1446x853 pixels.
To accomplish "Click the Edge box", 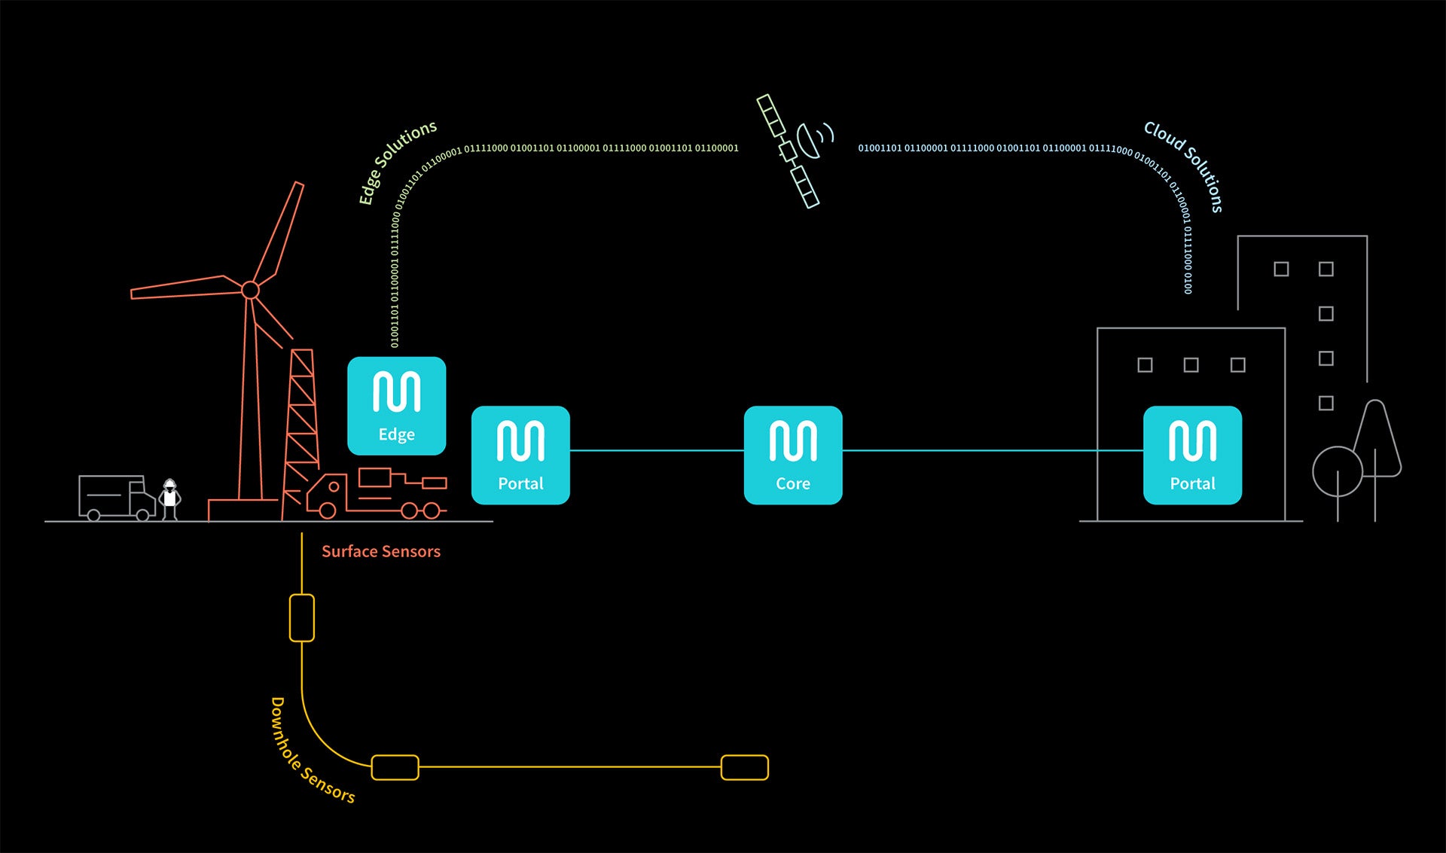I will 396,406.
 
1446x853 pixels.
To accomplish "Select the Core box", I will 793,455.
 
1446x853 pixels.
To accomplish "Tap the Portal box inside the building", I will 1192,455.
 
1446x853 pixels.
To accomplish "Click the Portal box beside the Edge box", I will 520,455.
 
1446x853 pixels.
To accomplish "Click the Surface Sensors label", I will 381,551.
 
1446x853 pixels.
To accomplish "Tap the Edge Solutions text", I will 397,161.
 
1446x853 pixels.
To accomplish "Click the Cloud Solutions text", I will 1185,165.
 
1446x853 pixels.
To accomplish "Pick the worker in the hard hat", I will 170,499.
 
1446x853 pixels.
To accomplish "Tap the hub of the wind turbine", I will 250,290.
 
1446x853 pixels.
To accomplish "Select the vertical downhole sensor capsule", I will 302,618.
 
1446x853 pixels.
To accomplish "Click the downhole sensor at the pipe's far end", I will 744,767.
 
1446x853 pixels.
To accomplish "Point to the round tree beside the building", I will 1337,472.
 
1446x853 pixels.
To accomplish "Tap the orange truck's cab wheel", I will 328,510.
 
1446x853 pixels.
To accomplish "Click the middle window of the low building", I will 1191,365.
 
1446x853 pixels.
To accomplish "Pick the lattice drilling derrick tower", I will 302,422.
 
